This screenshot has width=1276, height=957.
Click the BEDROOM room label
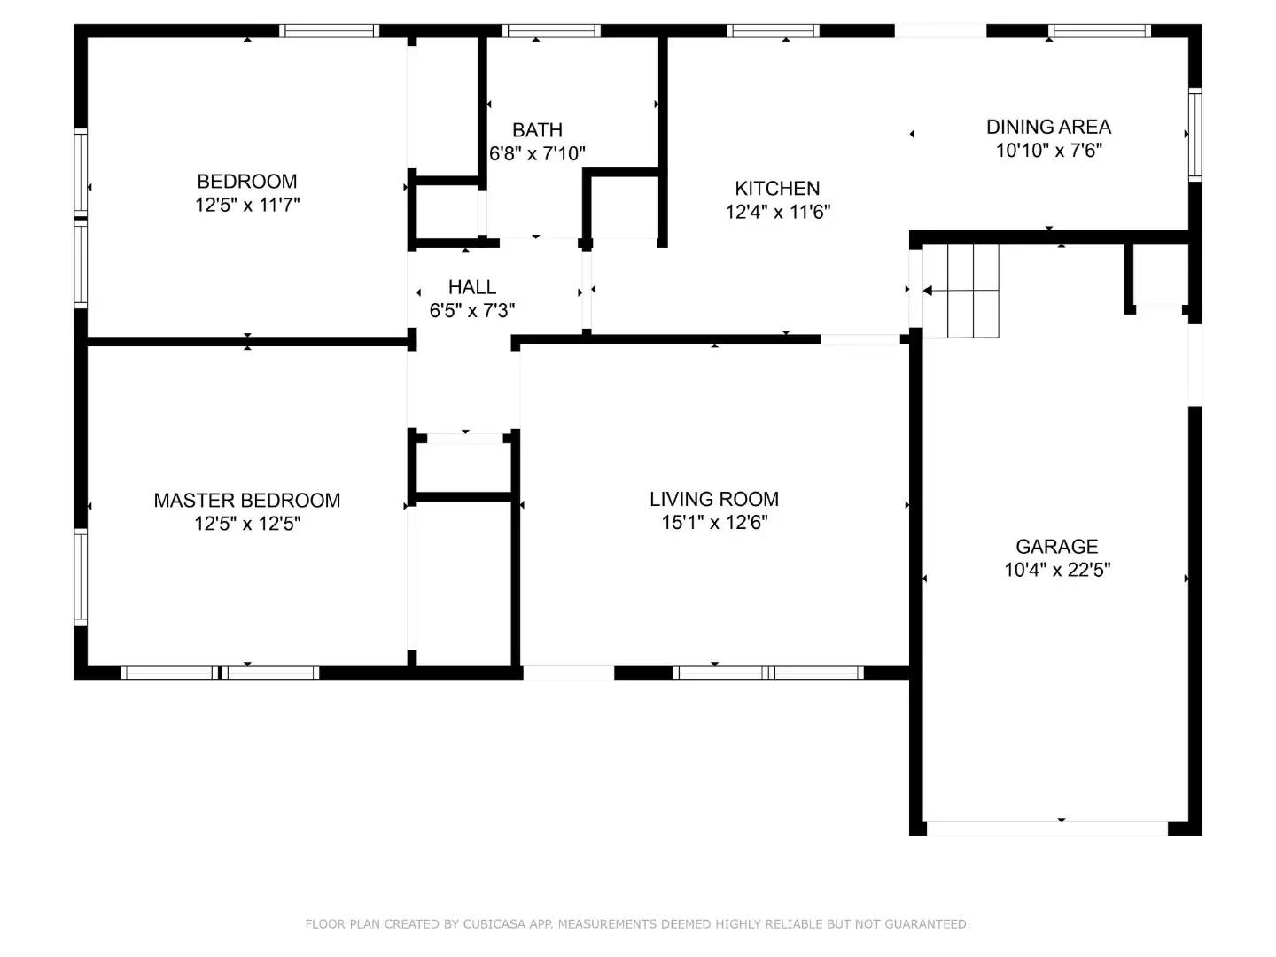coord(246,182)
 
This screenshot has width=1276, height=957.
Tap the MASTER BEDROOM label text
coord(246,501)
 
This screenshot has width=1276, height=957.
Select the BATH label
coord(537,129)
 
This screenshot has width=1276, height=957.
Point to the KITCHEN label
coord(776,188)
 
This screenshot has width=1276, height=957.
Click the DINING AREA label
coord(1048,127)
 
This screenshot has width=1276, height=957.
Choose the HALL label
coord(471,287)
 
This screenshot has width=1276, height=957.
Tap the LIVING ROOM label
coord(714,499)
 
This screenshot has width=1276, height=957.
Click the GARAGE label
coord(1056,547)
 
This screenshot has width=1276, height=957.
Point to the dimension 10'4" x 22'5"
coord(1056,570)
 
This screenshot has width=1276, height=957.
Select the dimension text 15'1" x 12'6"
coord(714,523)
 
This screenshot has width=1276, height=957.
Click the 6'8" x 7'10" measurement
coord(537,153)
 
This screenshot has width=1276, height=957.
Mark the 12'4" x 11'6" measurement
coord(776,212)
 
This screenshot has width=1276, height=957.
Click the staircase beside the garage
coord(960,291)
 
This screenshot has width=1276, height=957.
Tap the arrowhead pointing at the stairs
coord(927,291)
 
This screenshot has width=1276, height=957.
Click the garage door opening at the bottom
coord(1046,829)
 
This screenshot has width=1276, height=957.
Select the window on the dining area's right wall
coord(1194,134)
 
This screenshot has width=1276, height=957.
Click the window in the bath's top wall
coord(550,31)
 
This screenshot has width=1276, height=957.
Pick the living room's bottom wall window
coord(768,673)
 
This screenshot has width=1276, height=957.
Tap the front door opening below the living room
coord(568,673)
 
